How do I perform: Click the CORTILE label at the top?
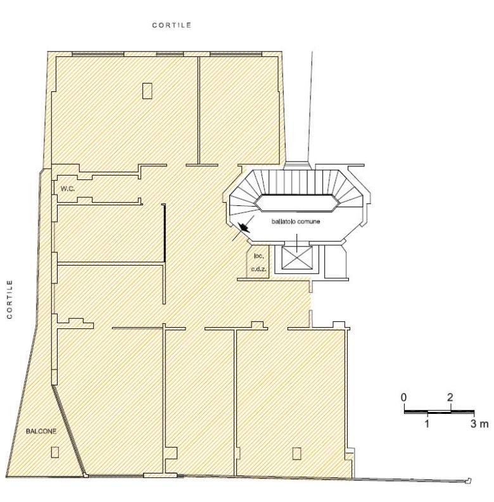(x=172, y=25)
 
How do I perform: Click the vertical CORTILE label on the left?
(x=10, y=299)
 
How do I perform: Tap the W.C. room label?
(x=68, y=189)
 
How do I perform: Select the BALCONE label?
(x=41, y=431)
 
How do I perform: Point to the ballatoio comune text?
(x=296, y=221)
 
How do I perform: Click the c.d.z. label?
(x=258, y=269)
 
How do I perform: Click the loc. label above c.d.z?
(x=258, y=256)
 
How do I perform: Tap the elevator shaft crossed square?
(x=297, y=258)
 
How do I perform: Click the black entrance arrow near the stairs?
(x=245, y=228)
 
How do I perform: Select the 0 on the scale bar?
(x=404, y=397)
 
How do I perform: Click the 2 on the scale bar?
(x=450, y=397)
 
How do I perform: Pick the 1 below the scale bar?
(x=427, y=423)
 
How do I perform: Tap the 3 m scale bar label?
(x=479, y=423)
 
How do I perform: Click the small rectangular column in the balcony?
(x=55, y=452)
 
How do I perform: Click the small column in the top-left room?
(x=147, y=91)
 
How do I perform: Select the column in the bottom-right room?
(x=296, y=453)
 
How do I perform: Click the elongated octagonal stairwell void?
(x=296, y=203)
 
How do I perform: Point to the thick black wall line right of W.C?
(x=165, y=233)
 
